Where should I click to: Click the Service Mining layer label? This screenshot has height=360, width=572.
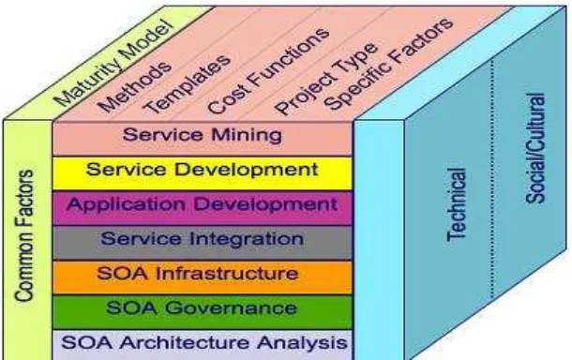[x=203, y=135]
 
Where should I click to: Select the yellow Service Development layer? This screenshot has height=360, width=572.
[x=203, y=173]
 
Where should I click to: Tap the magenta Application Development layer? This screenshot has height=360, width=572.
[x=203, y=208]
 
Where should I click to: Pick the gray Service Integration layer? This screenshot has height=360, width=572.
[x=203, y=243]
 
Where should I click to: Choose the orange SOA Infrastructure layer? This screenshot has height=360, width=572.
[x=203, y=277]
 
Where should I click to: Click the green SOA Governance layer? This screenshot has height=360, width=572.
[x=203, y=312]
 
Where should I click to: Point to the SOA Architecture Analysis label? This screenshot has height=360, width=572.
[x=204, y=342]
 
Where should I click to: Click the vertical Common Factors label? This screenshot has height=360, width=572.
[x=24, y=235]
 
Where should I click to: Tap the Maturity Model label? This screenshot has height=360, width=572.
[x=113, y=63]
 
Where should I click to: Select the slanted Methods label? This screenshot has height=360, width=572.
[x=135, y=87]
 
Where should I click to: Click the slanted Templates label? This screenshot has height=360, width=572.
[x=187, y=83]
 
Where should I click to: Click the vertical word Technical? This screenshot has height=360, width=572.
[x=457, y=204]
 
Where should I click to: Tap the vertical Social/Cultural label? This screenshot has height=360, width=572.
[x=535, y=148]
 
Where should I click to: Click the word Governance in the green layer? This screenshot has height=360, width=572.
[x=231, y=308]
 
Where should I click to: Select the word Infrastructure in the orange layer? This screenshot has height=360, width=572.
[x=227, y=274]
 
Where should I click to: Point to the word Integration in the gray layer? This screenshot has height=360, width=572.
[x=247, y=239]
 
